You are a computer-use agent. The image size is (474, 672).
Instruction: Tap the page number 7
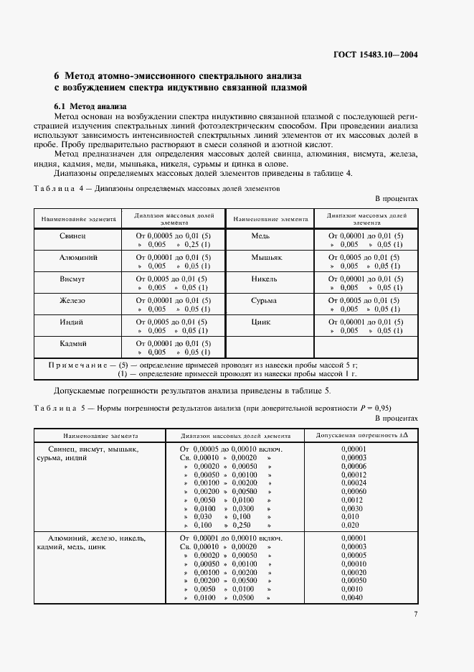tap(415, 613)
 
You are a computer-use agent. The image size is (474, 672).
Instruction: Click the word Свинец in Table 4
tap(73, 235)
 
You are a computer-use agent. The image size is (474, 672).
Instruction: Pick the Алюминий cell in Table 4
tap(73, 256)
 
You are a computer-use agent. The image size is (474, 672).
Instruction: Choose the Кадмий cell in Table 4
tap(73, 343)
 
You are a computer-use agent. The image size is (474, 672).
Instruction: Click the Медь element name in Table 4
tap(260, 235)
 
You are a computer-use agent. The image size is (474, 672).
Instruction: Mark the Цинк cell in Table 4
tap(261, 322)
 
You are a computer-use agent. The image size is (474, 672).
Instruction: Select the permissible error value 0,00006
tap(354, 466)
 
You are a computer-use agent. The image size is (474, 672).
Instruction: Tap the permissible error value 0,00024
tap(354, 482)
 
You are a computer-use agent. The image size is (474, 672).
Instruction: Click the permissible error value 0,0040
tap(352, 597)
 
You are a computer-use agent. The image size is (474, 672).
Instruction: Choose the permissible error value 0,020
tap(351, 526)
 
